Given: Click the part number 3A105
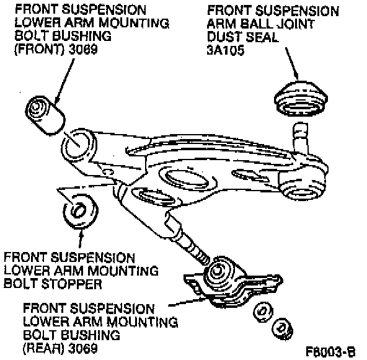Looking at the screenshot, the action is coord(226,50).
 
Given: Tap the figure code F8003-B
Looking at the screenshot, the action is coord(330,351).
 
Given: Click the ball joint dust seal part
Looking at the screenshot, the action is coord(301,99).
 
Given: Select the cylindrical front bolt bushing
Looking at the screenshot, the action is coord(45,115).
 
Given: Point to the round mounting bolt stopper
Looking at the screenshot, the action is coord(81,211).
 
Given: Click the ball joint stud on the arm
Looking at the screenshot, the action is coord(301,137).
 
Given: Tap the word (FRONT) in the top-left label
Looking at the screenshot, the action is coord(39,50).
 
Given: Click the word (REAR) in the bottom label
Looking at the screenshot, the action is coord(43,348).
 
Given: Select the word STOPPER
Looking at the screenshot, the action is coord(72,284).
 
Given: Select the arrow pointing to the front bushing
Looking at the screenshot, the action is coord(64,81).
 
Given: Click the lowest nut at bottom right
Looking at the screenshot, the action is coord(282,329).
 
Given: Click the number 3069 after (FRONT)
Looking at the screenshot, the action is coord(83,50).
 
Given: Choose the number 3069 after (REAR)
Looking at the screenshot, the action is coord(83,348).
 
